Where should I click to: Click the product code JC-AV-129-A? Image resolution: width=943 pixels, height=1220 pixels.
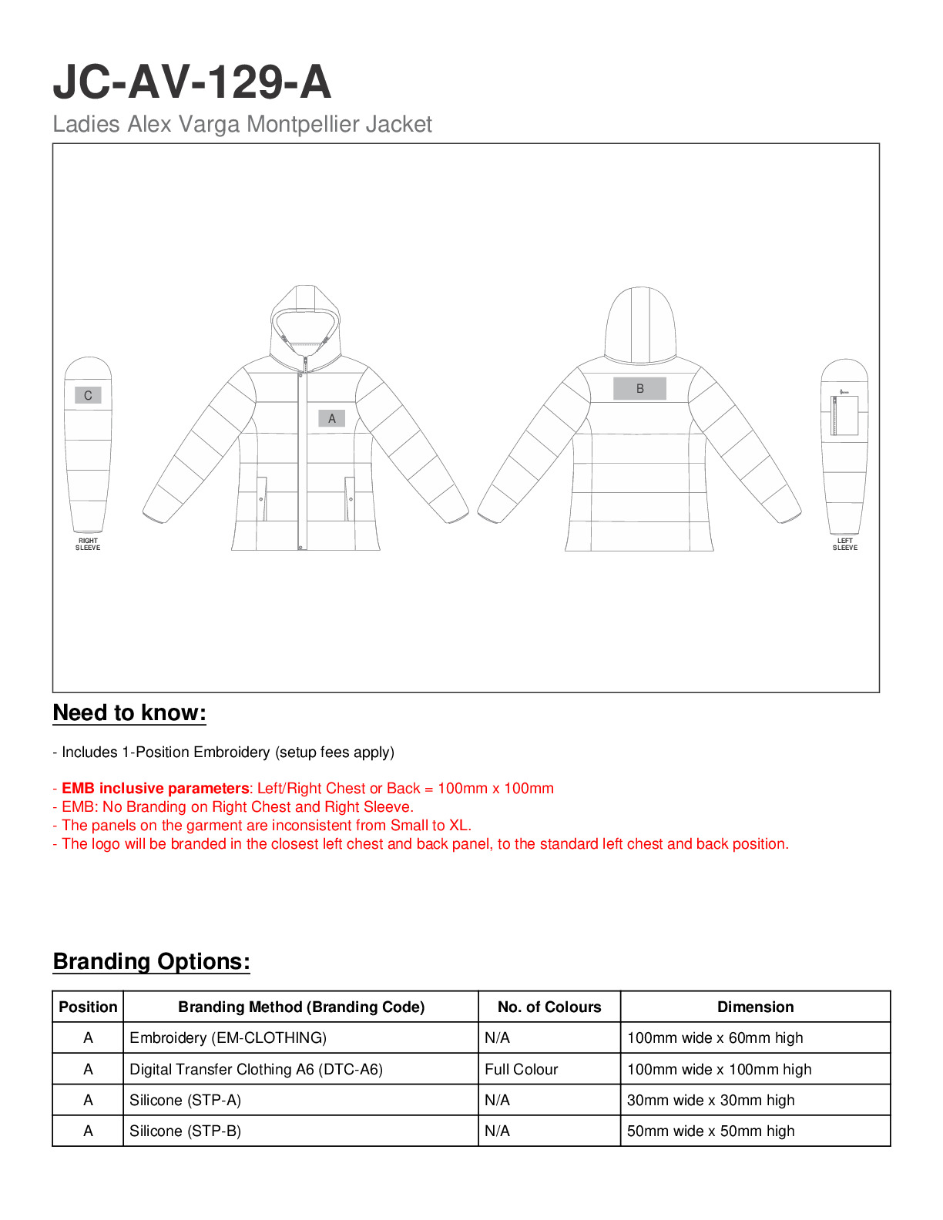[x=192, y=82]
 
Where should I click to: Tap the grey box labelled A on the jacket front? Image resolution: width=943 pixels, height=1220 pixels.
[x=332, y=418]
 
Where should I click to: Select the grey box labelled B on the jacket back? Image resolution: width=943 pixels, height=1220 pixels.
[x=639, y=389]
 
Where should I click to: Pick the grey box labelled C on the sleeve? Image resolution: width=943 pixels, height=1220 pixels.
[x=88, y=395]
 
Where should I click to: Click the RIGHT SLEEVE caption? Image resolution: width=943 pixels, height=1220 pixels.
[x=88, y=544]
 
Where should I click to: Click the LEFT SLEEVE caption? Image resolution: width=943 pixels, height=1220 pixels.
[x=844, y=544]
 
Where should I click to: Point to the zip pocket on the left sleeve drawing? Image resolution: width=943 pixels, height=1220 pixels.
[x=845, y=415]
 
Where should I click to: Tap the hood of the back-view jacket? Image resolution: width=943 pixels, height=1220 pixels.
[x=640, y=323]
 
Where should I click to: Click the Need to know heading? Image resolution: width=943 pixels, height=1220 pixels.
[x=129, y=712]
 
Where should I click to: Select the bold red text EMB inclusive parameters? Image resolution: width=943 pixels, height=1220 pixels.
[x=155, y=788]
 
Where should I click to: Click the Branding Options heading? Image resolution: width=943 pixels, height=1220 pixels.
[x=151, y=961]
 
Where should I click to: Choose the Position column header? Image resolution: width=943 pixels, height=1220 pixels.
[x=88, y=1007]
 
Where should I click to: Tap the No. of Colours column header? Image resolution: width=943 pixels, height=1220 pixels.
[x=549, y=1007]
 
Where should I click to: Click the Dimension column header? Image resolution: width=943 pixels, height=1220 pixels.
[x=755, y=1007]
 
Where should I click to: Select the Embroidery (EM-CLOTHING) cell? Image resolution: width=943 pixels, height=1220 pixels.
[x=228, y=1037]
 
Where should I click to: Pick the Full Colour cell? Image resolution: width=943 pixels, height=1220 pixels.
[x=522, y=1069]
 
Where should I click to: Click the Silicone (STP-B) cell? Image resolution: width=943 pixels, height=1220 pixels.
[x=186, y=1131]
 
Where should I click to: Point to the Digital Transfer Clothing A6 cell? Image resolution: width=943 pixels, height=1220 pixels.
[x=256, y=1069]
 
